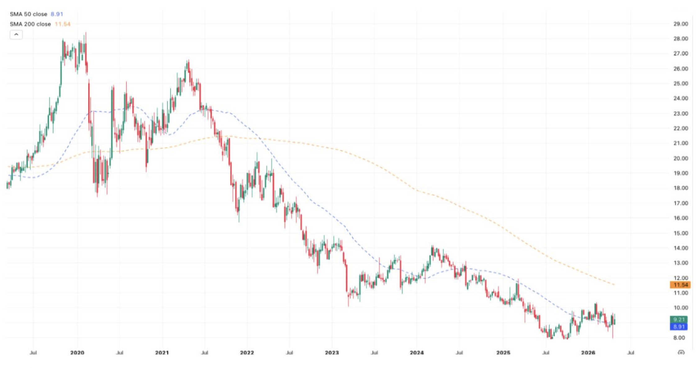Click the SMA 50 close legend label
point(29,14)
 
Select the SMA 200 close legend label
point(30,24)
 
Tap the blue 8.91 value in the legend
point(57,14)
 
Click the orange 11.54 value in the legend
point(63,24)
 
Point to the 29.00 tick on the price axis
point(680,24)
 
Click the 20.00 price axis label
point(680,158)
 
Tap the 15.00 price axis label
point(680,233)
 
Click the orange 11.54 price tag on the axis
point(680,285)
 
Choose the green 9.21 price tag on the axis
point(679,319)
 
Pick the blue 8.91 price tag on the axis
point(679,327)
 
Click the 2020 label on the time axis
point(77,352)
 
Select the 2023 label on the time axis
point(332,352)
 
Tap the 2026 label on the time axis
point(588,352)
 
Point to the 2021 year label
point(162,352)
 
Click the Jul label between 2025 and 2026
point(545,353)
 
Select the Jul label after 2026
point(631,353)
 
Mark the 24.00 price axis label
point(680,98)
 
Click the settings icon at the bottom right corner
point(681,352)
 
